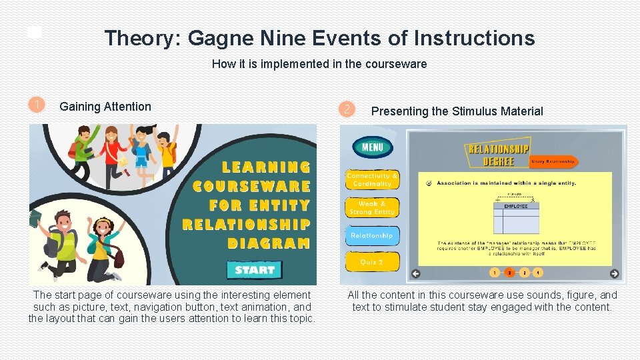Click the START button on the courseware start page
tap(255, 269)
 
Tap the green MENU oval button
tap(373, 147)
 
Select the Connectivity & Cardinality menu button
tap(372, 179)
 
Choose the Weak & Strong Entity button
tap(372, 207)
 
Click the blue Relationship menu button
tap(372, 235)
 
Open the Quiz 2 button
tap(372, 262)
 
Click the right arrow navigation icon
tap(614, 273)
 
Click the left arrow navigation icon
tap(416, 273)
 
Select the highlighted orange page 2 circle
tap(509, 272)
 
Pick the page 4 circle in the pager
tap(538, 272)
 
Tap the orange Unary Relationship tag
tap(553, 161)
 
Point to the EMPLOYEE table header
tap(516, 207)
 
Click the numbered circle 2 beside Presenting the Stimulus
tap(345, 109)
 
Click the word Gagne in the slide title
tap(218, 38)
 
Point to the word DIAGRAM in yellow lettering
tap(269, 243)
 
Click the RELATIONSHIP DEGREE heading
tap(499, 155)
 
